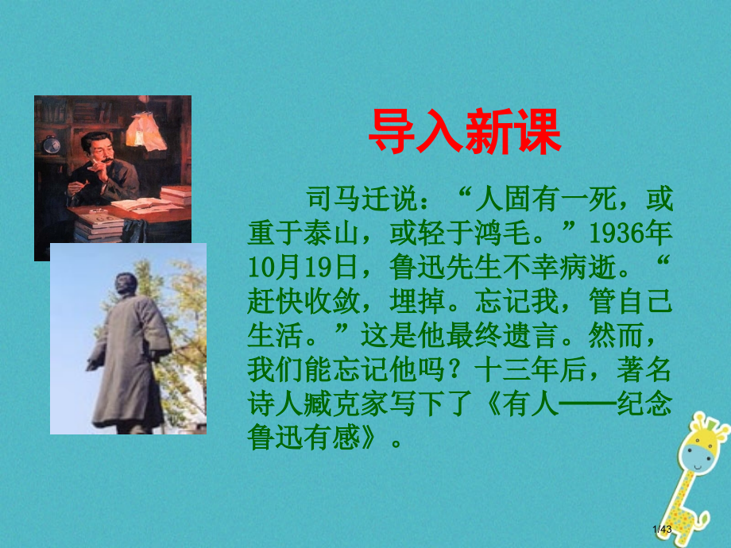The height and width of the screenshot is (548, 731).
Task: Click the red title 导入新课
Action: (465, 133)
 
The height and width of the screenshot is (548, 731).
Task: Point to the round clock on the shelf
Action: (52, 144)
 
